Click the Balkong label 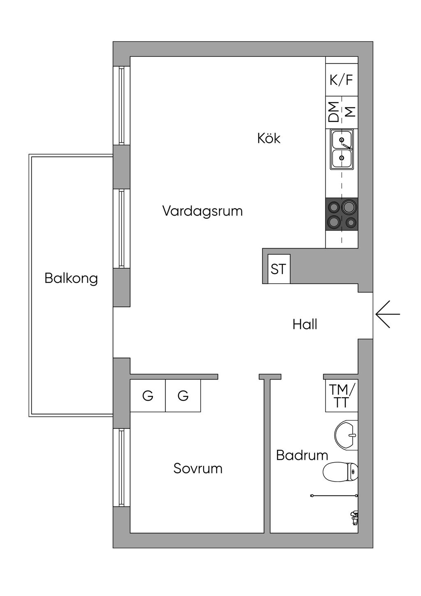coord(71,278)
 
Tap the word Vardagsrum coord(202,211)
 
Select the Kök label coord(269,138)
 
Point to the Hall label coord(305,324)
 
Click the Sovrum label coord(198,468)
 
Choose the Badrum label coord(302,455)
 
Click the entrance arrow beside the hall coord(387,314)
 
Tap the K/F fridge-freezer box coord(341,79)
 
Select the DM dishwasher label coord(334,112)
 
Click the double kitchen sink coord(342,149)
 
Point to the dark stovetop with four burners coord(342,214)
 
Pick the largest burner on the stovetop coord(349,206)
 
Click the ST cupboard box coord(279,269)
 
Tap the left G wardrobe coord(148,396)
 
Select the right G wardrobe coord(183,396)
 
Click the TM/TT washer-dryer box coord(341,396)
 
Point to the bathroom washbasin coord(346,435)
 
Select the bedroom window coord(121,468)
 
